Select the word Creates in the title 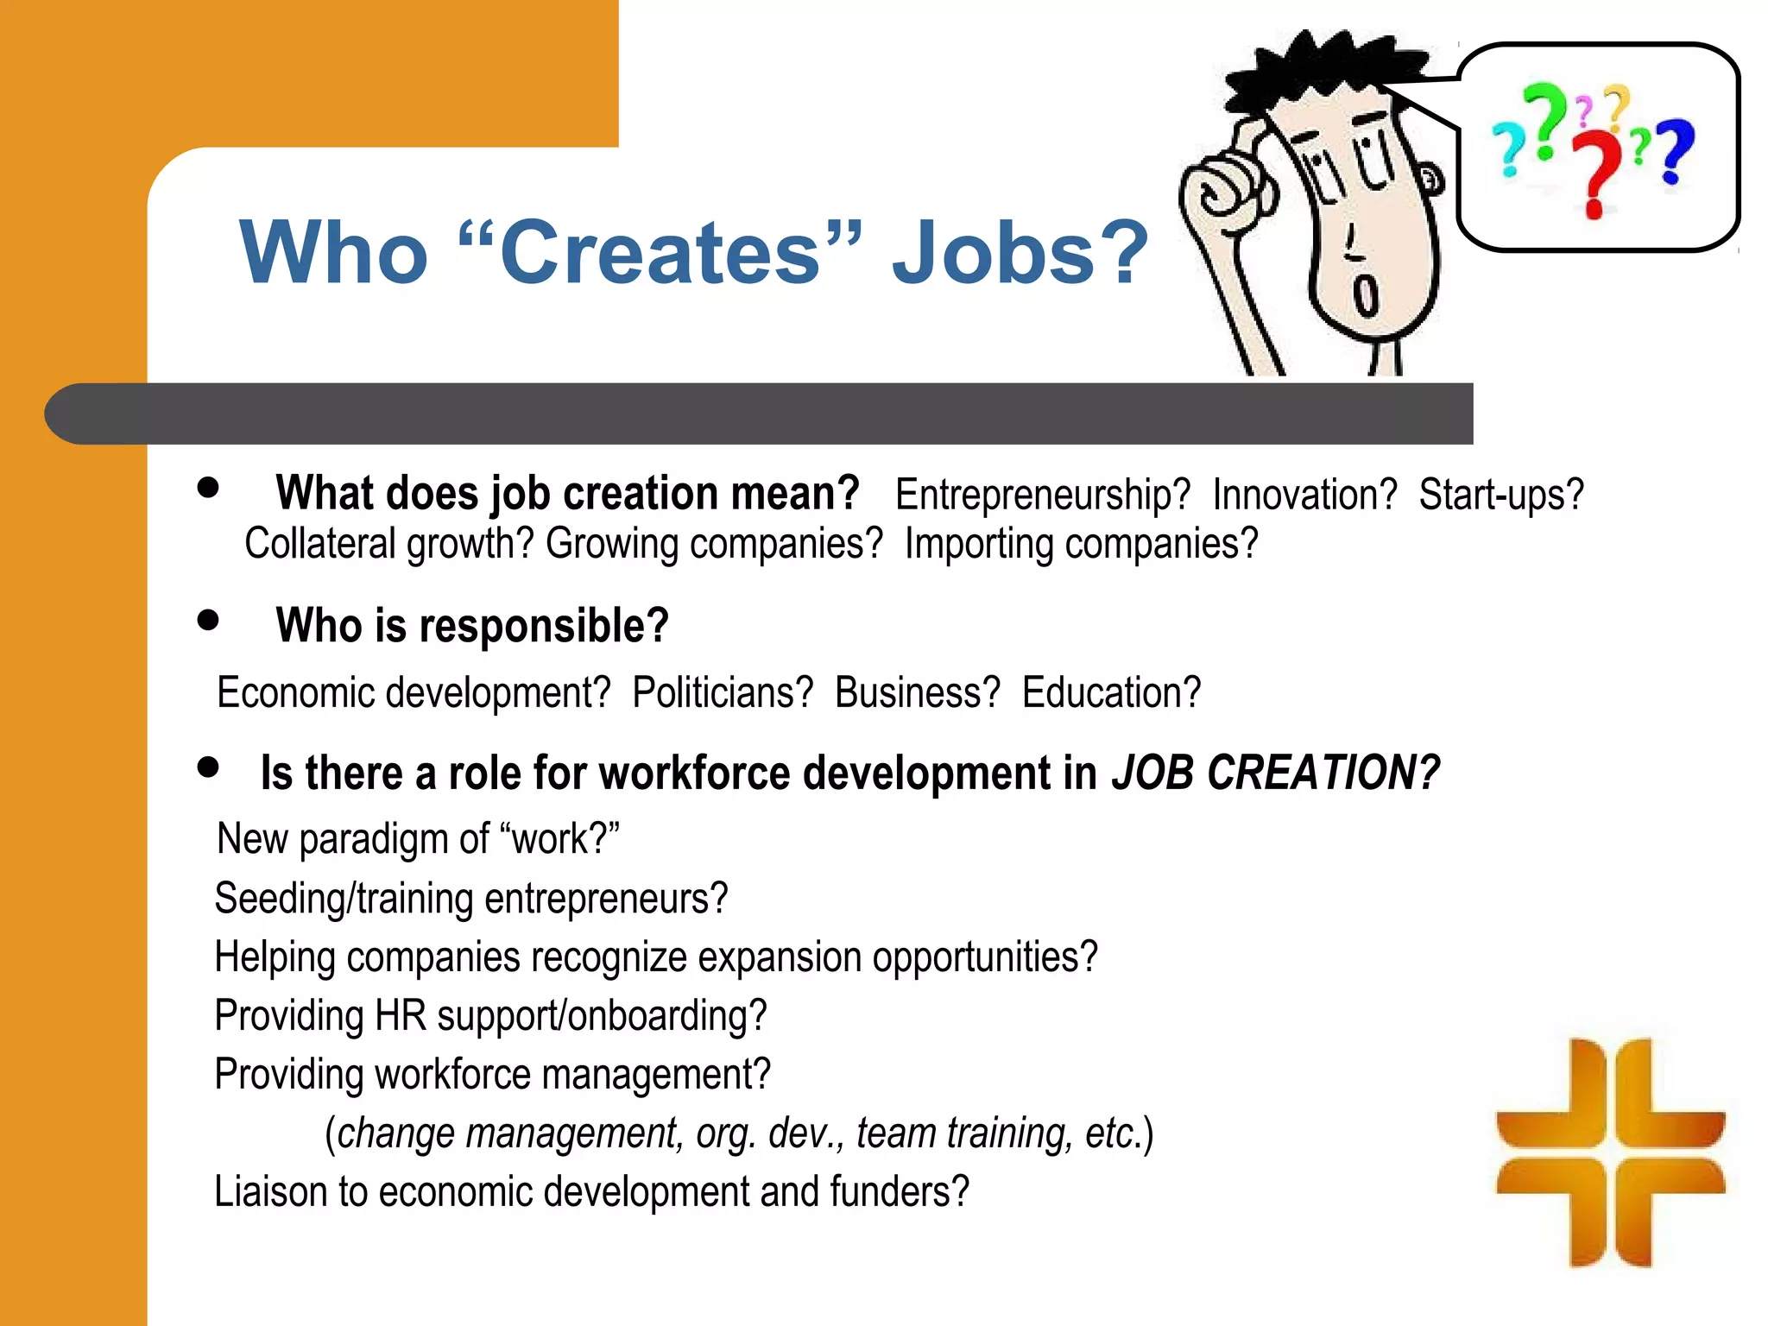point(660,252)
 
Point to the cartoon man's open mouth point(1366,296)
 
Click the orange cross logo point(1610,1152)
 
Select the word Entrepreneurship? point(1042,496)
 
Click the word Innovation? point(1304,496)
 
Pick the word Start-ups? point(1501,496)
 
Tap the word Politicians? point(723,692)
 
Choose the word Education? point(1111,692)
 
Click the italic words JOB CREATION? point(1275,772)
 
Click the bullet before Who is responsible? point(208,620)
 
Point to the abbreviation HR point(401,1015)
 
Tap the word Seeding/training point(344,899)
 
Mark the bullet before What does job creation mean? point(208,488)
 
